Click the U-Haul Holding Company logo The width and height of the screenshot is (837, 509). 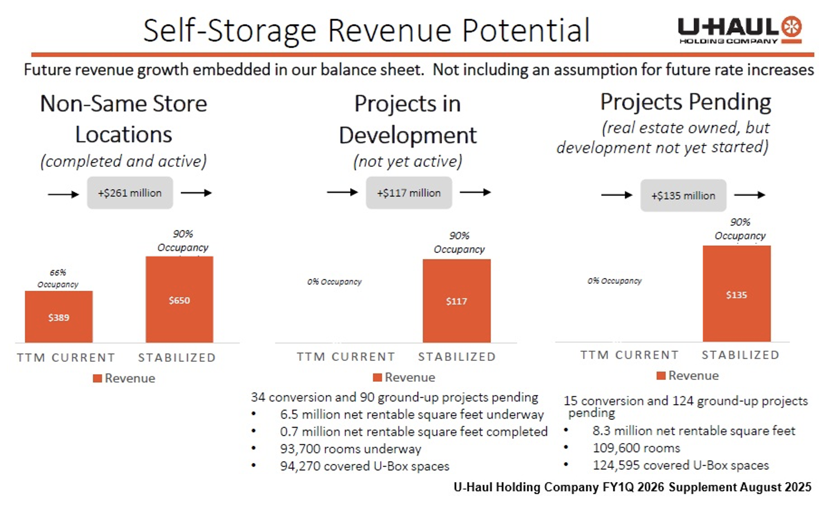(740, 30)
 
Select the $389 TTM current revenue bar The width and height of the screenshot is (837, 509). (59, 317)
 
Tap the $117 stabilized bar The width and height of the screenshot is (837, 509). (456, 301)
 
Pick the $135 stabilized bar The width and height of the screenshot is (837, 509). (736, 294)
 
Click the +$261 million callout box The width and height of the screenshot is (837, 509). (130, 193)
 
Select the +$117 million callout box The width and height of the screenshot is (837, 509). (409, 193)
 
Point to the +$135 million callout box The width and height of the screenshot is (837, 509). (683, 196)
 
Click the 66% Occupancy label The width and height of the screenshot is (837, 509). (58, 279)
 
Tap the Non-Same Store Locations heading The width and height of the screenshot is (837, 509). (124, 119)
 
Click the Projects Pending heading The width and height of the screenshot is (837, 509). (685, 102)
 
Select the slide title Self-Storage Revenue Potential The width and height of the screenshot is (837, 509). (366, 30)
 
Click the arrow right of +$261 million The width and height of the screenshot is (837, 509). (196, 193)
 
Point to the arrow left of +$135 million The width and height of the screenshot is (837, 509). (616, 195)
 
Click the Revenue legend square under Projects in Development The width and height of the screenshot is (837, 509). (377, 377)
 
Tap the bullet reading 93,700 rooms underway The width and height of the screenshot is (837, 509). (350, 449)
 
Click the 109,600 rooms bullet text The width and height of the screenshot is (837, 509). (636, 448)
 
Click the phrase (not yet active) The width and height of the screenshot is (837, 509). (408, 161)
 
